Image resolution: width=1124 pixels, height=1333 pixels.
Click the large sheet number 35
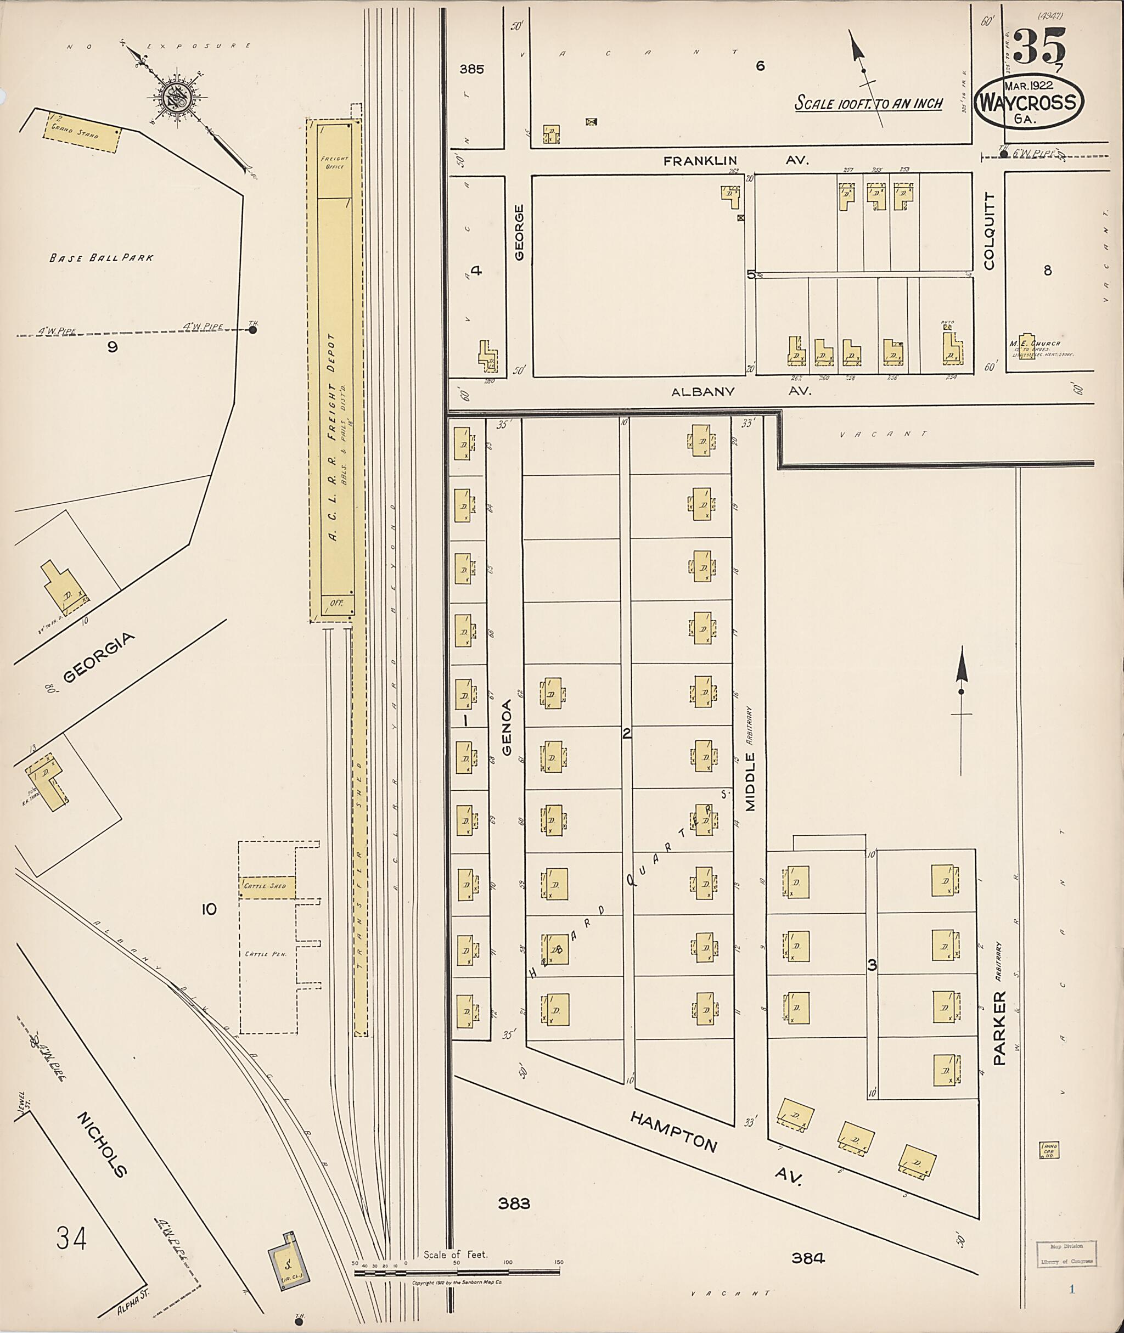[1039, 46]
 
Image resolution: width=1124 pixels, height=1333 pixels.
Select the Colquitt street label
[990, 231]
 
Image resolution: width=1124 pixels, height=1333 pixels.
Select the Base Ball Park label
[102, 258]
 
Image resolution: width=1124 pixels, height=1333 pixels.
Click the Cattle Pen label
[266, 954]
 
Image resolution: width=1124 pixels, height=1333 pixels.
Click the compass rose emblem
[174, 98]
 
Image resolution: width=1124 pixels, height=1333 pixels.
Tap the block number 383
[514, 1203]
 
